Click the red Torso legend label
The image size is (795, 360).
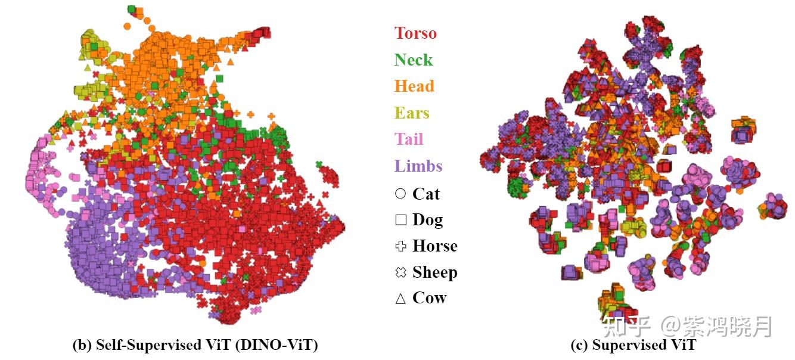pyautogui.click(x=415, y=33)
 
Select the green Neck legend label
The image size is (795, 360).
pyautogui.click(x=413, y=60)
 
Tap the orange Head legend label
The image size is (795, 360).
pyautogui.click(x=414, y=86)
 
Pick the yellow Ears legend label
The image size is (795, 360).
pyautogui.click(x=412, y=113)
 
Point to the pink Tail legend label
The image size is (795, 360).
pyautogui.click(x=409, y=139)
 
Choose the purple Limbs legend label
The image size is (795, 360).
pyautogui.click(x=418, y=166)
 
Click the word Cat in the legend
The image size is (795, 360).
pyautogui.click(x=426, y=194)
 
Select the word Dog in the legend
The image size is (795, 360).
pyautogui.click(x=428, y=220)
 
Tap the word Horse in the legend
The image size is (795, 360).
pyautogui.click(x=435, y=246)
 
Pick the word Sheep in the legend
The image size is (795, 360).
pyautogui.click(x=435, y=272)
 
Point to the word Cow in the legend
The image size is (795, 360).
pyautogui.click(x=429, y=298)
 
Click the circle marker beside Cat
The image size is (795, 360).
pyautogui.click(x=400, y=194)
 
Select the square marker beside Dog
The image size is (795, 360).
pyautogui.click(x=400, y=220)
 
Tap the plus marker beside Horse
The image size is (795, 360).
pyautogui.click(x=400, y=246)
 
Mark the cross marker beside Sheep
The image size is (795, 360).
pyautogui.click(x=400, y=272)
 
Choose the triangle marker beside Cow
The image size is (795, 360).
pyautogui.click(x=400, y=299)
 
